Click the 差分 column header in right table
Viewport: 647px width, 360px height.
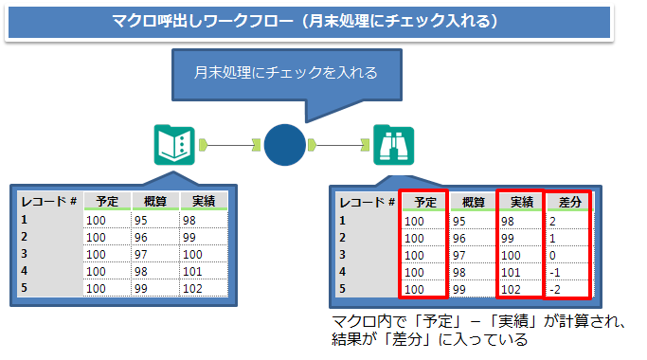(x=567, y=201)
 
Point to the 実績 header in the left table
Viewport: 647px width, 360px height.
(x=203, y=201)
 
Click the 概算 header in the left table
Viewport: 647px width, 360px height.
(x=154, y=201)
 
